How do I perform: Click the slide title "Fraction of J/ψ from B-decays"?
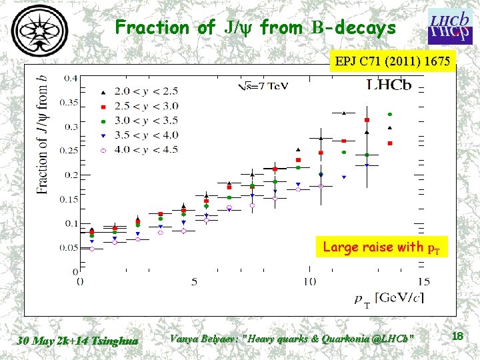click(x=255, y=27)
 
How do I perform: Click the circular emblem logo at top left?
click(x=39, y=31)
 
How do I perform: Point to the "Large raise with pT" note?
click(x=383, y=247)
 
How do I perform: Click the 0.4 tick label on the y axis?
click(x=70, y=78)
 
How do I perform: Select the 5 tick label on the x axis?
click(x=195, y=281)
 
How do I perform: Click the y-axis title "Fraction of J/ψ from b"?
click(x=43, y=133)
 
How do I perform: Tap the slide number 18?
click(x=457, y=337)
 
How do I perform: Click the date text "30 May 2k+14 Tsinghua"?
click(x=78, y=341)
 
